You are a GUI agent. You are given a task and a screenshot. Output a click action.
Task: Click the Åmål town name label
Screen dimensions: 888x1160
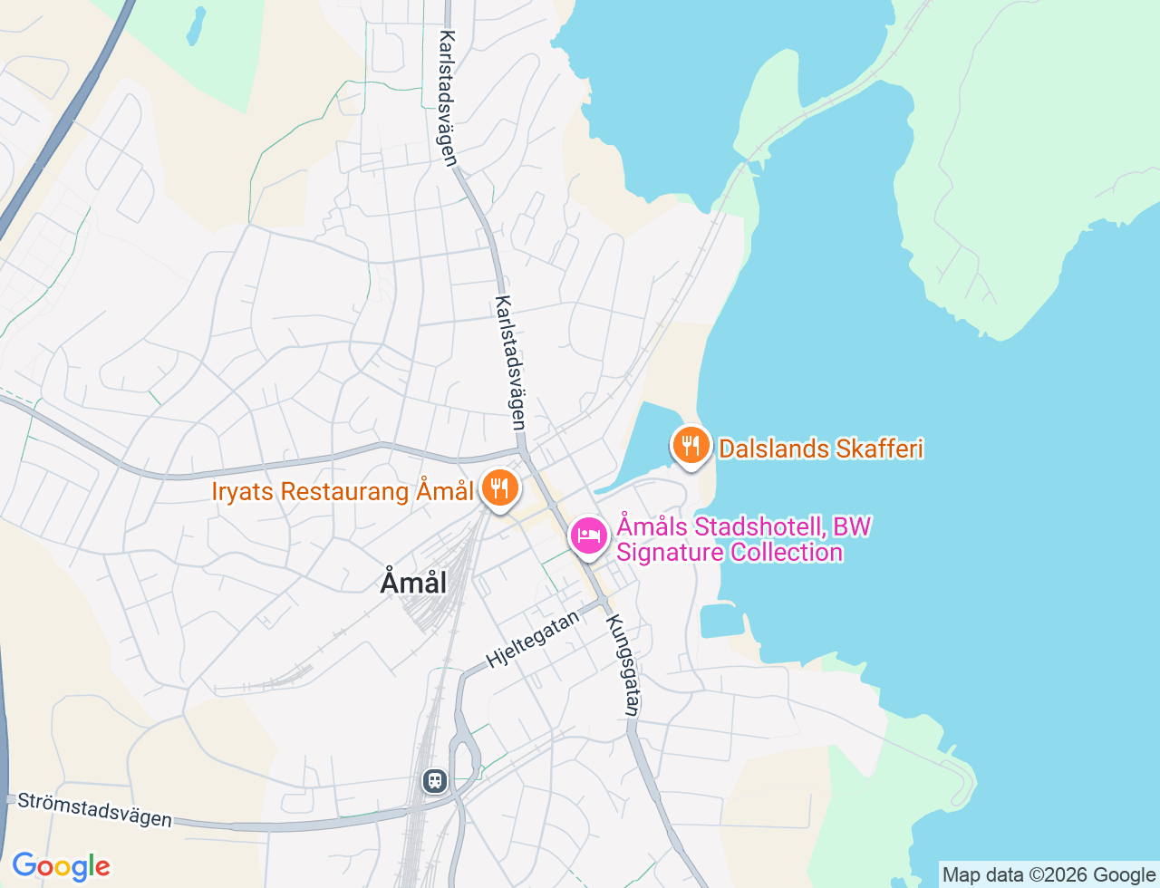coord(413,582)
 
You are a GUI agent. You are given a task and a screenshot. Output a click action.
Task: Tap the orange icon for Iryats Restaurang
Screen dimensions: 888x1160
coord(498,488)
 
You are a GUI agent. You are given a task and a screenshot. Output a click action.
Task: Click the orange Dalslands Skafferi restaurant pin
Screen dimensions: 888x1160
coord(691,445)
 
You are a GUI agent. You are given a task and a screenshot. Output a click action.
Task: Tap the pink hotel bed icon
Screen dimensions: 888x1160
coord(589,536)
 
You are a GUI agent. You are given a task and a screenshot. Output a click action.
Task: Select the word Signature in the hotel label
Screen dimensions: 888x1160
coord(672,552)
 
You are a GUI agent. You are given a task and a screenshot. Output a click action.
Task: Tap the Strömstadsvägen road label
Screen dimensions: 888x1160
coord(94,809)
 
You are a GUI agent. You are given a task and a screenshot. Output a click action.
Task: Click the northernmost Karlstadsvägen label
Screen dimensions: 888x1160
coord(448,98)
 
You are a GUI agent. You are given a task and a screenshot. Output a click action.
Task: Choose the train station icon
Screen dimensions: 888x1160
coord(435,780)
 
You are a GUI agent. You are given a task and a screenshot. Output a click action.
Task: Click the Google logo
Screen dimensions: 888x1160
coord(61,866)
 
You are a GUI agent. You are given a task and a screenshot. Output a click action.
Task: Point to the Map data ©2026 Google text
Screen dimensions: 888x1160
coord(1049,874)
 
